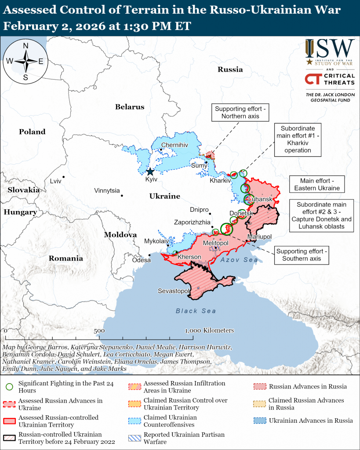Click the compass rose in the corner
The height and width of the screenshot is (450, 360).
(25, 61)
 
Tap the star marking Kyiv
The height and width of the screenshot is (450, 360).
(150, 171)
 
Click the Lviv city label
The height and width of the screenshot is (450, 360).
(55, 181)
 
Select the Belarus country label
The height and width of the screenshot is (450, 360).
(130, 107)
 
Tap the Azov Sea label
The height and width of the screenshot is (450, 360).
(239, 260)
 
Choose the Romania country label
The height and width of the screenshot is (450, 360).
(66, 258)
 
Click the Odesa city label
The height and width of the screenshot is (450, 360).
(141, 260)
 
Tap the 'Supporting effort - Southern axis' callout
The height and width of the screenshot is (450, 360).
(302, 255)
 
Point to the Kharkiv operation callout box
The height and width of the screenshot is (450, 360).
(297, 139)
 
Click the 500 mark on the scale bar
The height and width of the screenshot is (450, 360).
(99, 330)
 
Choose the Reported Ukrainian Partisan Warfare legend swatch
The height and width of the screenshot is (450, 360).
(134, 438)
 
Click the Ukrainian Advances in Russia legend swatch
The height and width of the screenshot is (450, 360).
(259, 421)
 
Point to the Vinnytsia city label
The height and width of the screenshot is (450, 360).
(107, 190)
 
